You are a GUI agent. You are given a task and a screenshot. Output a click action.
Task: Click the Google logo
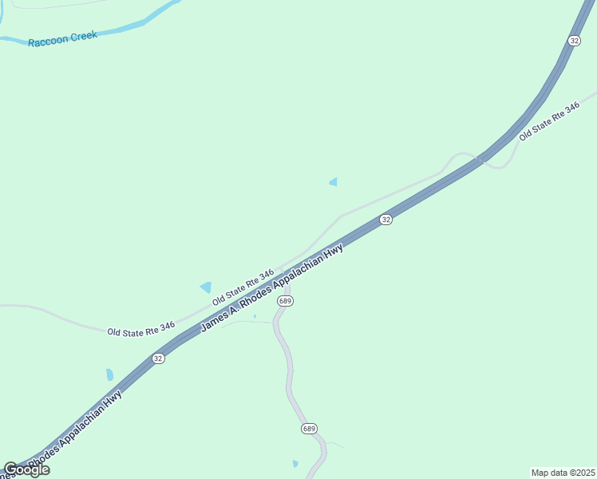(x=26, y=469)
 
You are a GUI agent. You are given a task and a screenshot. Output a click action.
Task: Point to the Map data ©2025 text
(x=563, y=473)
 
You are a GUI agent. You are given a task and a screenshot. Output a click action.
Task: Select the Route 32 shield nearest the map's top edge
(x=575, y=40)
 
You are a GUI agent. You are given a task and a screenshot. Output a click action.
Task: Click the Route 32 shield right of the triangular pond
(x=385, y=219)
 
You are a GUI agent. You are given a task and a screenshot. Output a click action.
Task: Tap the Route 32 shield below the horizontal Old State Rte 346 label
(x=158, y=358)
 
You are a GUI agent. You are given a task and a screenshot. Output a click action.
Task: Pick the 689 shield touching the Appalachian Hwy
(x=286, y=301)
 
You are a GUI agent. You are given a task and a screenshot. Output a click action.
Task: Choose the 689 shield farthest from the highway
(x=310, y=429)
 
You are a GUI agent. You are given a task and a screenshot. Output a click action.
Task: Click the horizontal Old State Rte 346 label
(x=141, y=328)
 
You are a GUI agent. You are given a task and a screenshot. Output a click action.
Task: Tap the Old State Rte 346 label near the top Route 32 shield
(x=548, y=121)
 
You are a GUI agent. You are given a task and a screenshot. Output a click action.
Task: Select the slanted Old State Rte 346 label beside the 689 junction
(x=243, y=287)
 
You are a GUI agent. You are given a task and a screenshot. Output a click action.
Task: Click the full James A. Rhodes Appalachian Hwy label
(x=271, y=288)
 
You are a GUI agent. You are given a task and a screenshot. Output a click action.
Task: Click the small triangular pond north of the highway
(x=333, y=182)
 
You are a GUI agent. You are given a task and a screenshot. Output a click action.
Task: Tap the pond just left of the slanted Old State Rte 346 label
(x=206, y=287)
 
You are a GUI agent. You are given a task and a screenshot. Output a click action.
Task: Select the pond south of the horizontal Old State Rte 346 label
(x=109, y=374)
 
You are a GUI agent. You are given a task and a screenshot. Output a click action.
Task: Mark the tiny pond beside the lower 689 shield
(x=295, y=463)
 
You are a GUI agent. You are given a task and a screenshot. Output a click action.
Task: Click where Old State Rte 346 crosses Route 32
(x=479, y=160)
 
